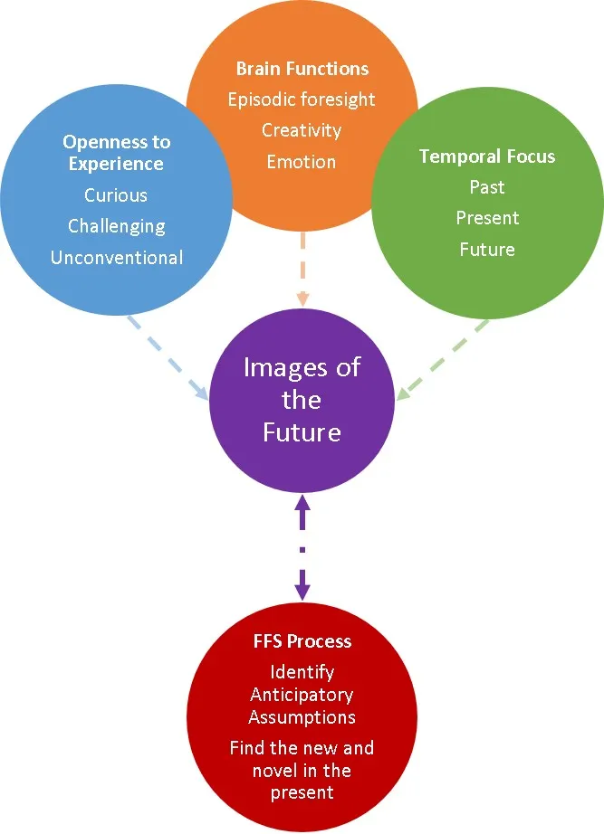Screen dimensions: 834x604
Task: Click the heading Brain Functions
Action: [x=302, y=69]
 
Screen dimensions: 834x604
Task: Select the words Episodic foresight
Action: [x=302, y=100]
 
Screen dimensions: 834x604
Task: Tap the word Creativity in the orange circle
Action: [x=302, y=130]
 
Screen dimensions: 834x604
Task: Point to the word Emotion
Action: [x=302, y=162]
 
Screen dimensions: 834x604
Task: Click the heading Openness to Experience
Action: [x=116, y=153]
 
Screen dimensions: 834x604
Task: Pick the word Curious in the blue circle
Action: [x=116, y=195]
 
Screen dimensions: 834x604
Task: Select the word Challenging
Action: [x=116, y=226]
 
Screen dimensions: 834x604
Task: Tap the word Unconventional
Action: [x=116, y=258]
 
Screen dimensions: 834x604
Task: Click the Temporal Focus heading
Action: [x=487, y=156]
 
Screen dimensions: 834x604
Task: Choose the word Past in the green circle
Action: [x=487, y=187]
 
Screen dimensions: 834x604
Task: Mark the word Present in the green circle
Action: [x=487, y=218]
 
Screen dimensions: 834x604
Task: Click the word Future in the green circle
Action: [x=487, y=249]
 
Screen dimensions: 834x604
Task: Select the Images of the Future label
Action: [x=302, y=400]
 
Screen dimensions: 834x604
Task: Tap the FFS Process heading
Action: [x=302, y=641]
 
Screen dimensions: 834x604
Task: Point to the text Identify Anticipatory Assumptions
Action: [x=302, y=695]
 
